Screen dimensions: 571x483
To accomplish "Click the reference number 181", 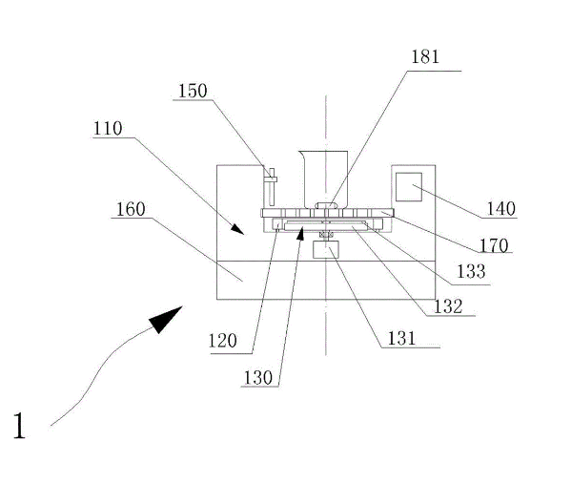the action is [425, 57].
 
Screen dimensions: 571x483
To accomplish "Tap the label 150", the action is [193, 91].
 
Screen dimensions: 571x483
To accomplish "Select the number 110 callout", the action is [108, 129].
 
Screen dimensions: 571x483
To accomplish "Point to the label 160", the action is [131, 210].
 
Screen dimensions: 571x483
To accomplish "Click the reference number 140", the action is [501, 209].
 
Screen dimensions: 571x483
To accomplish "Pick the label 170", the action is [494, 245].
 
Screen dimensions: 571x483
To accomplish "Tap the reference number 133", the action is [471, 272].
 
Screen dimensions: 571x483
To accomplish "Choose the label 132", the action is [448, 306].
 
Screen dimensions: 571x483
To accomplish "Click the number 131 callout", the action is [401, 338].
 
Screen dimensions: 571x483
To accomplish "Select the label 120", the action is [222, 341].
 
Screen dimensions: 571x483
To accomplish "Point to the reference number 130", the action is [257, 378].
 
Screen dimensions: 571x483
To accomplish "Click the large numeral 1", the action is [19, 426].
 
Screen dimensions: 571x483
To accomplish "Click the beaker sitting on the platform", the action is [323, 179].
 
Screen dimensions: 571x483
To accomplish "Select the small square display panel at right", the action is [409, 187].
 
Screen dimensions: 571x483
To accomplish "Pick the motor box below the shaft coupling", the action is [326, 250].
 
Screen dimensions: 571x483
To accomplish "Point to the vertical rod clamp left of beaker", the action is [271, 187].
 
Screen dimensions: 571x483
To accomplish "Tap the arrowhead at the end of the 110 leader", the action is [237, 229].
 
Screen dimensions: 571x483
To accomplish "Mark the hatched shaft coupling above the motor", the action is [326, 235].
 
